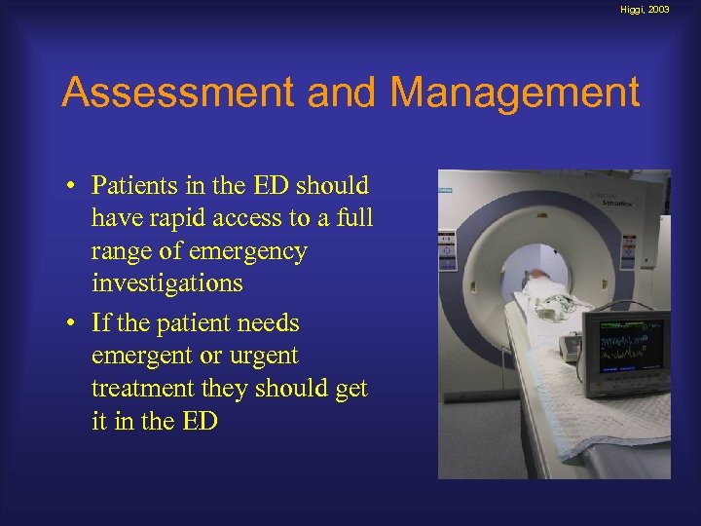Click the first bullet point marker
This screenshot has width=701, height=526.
tap(72, 186)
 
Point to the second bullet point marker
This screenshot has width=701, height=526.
tap(72, 323)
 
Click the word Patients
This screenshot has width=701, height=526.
tap(134, 185)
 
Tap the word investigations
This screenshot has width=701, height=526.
tap(166, 284)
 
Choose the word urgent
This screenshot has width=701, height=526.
tap(259, 356)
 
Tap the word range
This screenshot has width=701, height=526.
tap(123, 251)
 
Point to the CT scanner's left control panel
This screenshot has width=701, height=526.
tap(447, 248)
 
